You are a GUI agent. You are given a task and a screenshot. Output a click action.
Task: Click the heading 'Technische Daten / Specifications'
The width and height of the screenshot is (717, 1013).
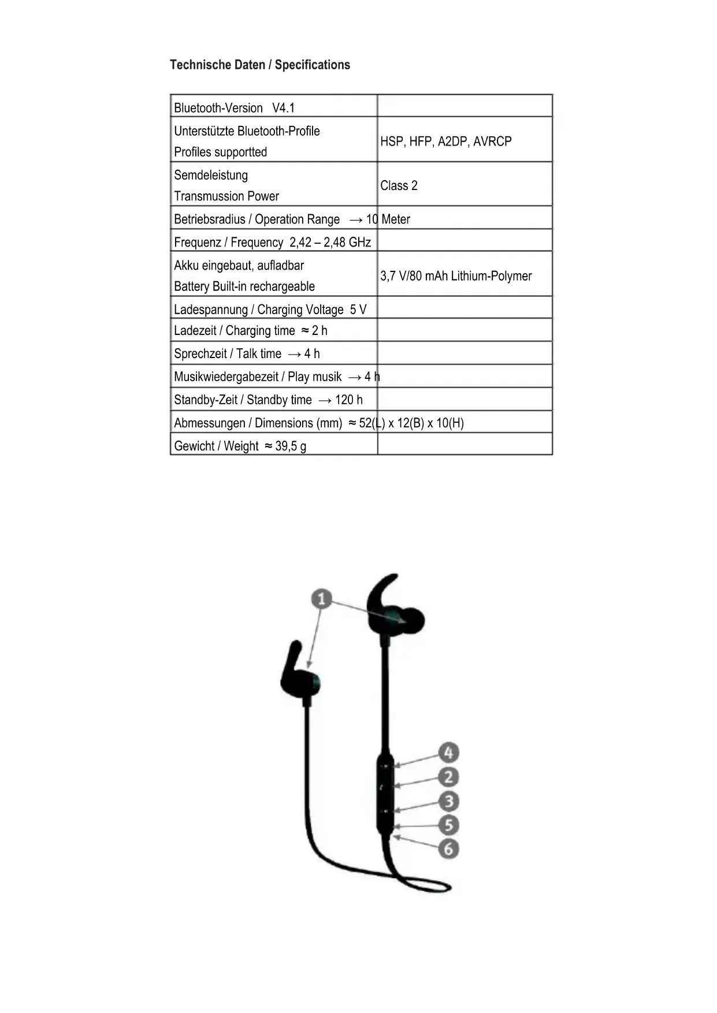click(x=259, y=65)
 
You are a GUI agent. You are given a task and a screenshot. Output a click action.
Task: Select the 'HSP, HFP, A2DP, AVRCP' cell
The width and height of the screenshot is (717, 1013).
click(x=445, y=141)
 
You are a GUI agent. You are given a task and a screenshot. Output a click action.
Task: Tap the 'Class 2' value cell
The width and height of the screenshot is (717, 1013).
click(x=399, y=185)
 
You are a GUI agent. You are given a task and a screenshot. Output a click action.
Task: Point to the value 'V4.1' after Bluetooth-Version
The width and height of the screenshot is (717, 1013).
click(x=283, y=108)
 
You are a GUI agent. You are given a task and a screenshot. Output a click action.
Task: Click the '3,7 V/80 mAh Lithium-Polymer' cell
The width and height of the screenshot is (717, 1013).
click(x=455, y=276)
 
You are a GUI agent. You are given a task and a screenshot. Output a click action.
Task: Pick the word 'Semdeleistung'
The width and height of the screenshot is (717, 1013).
click(x=211, y=175)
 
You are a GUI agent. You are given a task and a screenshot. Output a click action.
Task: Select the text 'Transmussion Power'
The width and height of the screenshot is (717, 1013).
click(x=226, y=196)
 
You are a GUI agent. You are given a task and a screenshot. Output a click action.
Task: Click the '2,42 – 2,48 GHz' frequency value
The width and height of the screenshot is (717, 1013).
click(x=330, y=243)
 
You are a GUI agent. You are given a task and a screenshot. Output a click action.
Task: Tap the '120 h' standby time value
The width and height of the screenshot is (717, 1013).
click(x=348, y=400)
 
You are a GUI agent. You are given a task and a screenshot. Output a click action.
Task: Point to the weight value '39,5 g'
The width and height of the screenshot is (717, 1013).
click(x=290, y=446)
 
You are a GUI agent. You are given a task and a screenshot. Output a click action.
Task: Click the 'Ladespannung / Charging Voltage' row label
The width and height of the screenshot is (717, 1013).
click(x=258, y=310)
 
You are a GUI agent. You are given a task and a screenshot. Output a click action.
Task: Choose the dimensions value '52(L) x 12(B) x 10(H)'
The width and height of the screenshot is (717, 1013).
click(x=411, y=423)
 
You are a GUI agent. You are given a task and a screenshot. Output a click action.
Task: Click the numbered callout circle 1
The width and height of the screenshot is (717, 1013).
click(x=322, y=599)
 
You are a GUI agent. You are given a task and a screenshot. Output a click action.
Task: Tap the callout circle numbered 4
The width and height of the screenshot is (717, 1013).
click(x=448, y=753)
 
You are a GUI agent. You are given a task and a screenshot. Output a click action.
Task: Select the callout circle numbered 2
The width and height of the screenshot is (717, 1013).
click(x=448, y=777)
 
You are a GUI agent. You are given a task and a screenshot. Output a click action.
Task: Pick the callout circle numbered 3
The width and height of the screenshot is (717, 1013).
click(x=448, y=801)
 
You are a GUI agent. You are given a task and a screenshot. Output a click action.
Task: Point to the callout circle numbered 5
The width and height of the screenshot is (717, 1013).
click(x=448, y=825)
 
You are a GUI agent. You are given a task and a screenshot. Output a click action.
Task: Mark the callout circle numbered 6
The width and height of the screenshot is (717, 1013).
click(x=448, y=849)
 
